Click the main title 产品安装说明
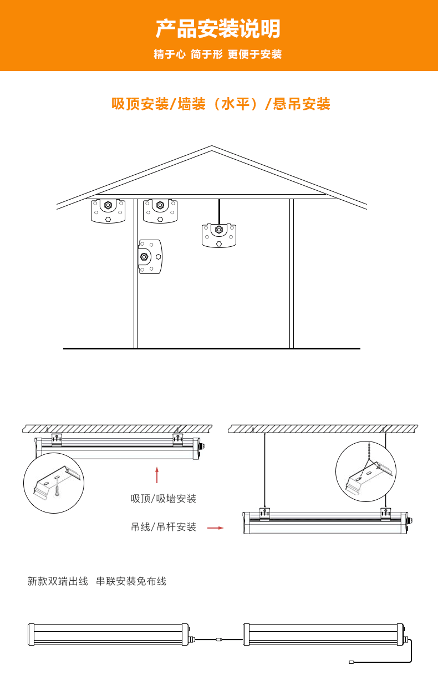(x=218, y=28)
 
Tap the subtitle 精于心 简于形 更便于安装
(x=218, y=54)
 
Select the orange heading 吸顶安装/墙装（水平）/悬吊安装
(x=221, y=104)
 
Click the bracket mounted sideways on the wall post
(x=150, y=257)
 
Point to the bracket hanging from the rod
(x=219, y=236)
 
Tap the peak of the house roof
(x=212, y=146)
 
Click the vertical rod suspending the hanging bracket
(x=219, y=211)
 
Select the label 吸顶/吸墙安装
(x=164, y=499)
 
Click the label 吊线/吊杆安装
(x=164, y=527)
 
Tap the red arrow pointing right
(x=215, y=528)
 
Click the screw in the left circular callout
(x=57, y=491)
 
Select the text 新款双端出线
(x=58, y=581)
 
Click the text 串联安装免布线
(x=131, y=581)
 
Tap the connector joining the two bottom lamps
(x=219, y=640)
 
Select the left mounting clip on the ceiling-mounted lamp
(x=57, y=440)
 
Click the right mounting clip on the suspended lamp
(x=386, y=514)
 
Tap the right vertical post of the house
(x=292, y=273)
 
